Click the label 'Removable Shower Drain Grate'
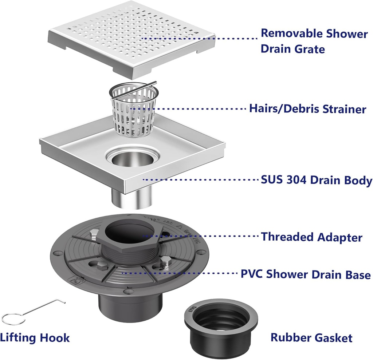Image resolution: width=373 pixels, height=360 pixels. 314,41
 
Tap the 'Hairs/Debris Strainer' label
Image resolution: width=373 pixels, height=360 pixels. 307,108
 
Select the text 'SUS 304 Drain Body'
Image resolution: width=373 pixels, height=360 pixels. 317,180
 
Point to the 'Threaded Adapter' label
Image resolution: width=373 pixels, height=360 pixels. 311,237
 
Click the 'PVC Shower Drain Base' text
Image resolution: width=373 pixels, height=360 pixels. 306,274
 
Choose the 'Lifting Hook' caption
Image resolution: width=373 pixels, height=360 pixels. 35,337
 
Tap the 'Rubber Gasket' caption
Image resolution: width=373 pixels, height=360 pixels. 311,337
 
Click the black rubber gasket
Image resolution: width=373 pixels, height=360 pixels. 221,326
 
